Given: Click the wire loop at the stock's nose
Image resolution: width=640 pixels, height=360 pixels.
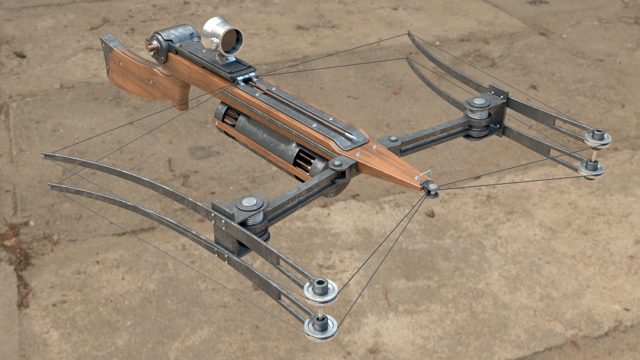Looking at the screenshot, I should point(426,176).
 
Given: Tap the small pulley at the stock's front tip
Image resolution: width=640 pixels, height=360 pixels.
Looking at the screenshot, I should point(433,188).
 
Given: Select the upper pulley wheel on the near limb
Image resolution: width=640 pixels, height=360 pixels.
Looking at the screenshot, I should point(320,289).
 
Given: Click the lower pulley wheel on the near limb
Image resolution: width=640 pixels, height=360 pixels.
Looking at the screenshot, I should point(320,326).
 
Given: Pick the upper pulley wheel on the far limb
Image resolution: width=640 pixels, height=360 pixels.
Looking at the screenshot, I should point(598,137).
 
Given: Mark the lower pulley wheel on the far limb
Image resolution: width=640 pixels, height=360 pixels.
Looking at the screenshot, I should point(591,168).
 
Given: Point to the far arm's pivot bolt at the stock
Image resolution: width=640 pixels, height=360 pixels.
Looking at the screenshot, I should point(393,139).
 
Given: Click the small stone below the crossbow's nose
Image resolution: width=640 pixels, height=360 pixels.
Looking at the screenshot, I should point(429,213).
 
